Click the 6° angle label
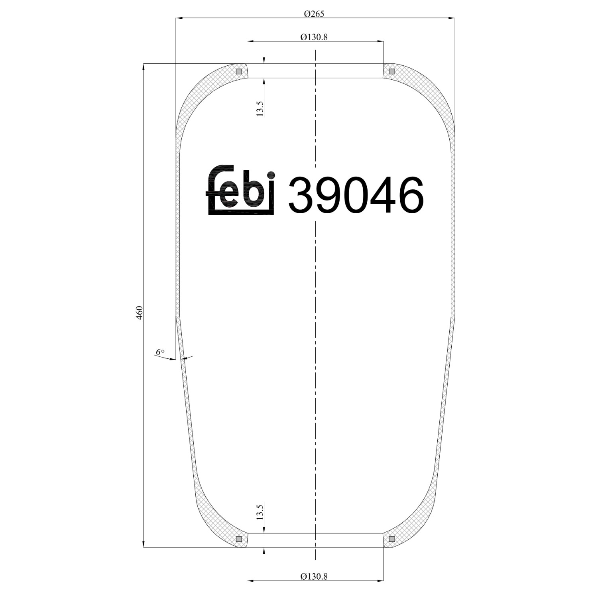click(160, 352)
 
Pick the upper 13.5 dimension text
click(260, 108)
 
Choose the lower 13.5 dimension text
click(260, 512)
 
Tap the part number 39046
click(355, 195)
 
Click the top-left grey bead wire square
click(239, 71)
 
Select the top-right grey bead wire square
click(391, 71)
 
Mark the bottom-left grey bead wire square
click(239, 539)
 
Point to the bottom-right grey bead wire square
click(391, 539)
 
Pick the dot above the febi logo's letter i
click(271, 175)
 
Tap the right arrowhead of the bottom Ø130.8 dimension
click(380, 581)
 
